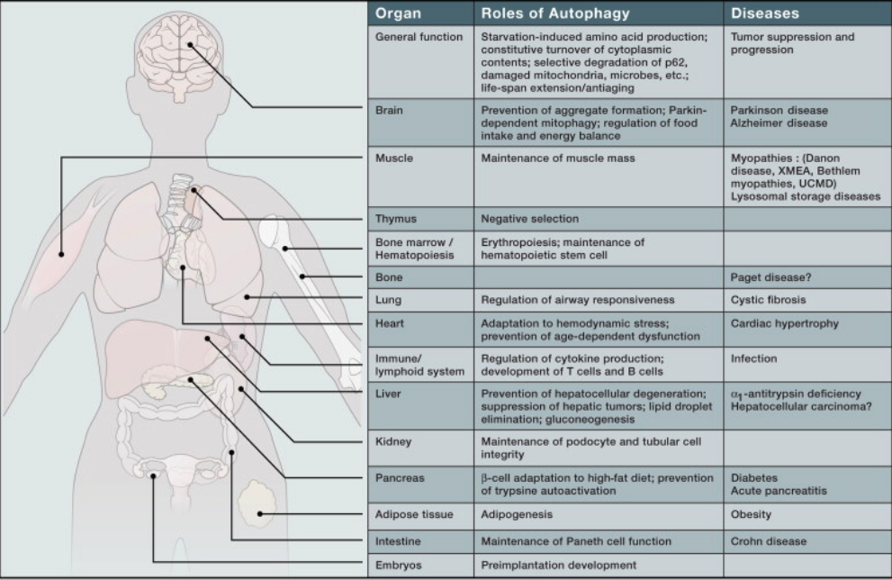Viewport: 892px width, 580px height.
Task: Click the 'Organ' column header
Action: coord(398,14)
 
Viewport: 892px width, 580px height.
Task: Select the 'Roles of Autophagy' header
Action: coord(555,14)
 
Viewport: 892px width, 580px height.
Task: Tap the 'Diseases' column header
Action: coord(764,14)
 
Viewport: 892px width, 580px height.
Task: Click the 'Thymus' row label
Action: coord(396,219)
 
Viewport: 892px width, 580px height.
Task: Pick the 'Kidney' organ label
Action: coord(393,441)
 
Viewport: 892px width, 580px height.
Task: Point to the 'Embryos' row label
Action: coord(398,566)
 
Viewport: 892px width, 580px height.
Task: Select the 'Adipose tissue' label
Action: coord(414,514)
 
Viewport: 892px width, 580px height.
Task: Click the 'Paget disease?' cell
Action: coord(770,277)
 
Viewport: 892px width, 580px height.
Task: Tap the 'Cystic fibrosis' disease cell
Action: coord(768,300)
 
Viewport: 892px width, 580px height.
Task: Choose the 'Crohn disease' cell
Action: coord(769,541)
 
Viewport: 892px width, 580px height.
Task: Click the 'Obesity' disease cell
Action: coord(751,514)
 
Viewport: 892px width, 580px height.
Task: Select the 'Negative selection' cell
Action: coord(529,219)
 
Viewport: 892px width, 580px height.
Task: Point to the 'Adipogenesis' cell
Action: coord(517,514)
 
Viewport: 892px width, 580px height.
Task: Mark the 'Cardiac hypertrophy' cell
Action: coord(785,324)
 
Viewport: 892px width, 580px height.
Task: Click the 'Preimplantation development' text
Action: coord(559,566)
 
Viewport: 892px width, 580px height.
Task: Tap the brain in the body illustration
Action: coord(181,54)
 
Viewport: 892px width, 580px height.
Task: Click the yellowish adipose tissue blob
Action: coord(257,504)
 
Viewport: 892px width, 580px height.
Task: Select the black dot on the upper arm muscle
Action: coord(61,255)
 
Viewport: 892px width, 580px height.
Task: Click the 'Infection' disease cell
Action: coord(753,359)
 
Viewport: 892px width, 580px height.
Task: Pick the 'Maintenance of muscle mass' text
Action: coord(557,159)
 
